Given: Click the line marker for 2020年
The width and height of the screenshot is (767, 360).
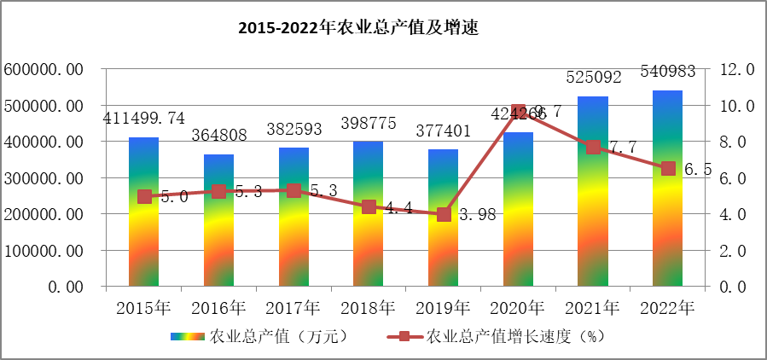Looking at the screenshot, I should [518, 113].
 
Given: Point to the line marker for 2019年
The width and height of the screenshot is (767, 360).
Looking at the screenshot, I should [444, 214].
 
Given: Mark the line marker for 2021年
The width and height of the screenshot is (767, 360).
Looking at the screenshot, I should [593, 147].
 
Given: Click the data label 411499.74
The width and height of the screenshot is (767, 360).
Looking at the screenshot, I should [143, 119].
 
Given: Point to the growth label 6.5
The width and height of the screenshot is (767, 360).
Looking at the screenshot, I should [697, 169].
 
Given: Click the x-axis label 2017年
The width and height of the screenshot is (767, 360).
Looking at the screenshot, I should [293, 306].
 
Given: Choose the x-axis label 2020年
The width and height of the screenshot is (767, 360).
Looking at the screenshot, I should [518, 306].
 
